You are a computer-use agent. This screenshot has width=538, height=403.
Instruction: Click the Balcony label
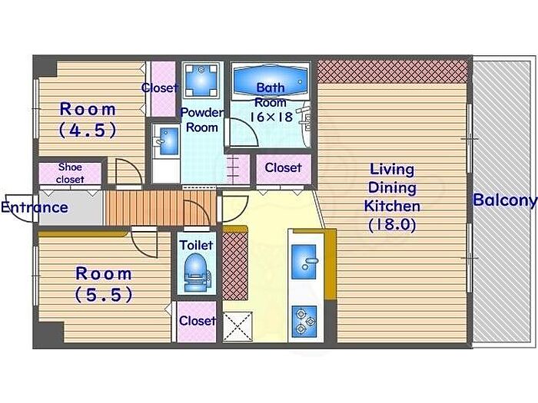point(505,200)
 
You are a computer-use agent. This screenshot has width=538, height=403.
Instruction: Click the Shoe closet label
point(70,173)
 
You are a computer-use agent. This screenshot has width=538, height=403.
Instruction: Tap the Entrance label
point(35,207)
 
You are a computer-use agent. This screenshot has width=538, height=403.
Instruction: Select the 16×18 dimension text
point(271,117)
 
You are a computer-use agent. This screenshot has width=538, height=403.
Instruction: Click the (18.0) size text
point(392,225)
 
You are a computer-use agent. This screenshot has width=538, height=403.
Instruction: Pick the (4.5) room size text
point(88,130)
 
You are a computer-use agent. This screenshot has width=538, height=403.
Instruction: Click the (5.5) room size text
point(104,294)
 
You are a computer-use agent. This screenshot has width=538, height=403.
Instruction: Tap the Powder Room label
point(202,120)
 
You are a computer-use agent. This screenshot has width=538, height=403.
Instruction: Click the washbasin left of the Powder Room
point(166,140)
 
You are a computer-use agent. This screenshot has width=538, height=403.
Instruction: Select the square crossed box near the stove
point(237,326)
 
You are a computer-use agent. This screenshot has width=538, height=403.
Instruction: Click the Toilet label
point(196,245)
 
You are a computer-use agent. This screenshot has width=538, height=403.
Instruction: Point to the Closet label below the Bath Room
point(283,167)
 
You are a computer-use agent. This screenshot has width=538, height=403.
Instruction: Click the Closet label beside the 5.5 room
point(198,321)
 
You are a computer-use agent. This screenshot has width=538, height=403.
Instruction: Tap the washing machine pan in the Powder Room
point(201,80)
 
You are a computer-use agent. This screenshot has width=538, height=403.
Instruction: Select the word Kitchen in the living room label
point(392,206)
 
